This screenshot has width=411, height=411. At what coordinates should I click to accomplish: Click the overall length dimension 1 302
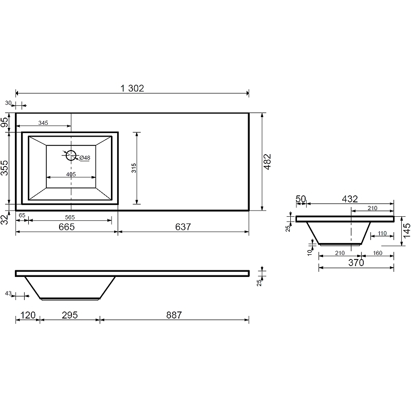pyautogui.click(x=133, y=88)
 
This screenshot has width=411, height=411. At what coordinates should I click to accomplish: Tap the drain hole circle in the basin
pyautogui.click(x=71, y=156)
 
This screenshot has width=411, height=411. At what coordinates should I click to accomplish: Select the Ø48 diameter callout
pyautogui.click(x=85, y=158)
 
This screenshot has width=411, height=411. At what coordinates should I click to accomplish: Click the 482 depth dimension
pyautogui.click(x=267, y=162)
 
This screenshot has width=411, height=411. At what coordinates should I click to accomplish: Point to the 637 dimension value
pyautogui.click(x=183, y=227)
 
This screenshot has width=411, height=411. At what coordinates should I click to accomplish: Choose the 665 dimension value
pyautogui.click(x=67, y=227)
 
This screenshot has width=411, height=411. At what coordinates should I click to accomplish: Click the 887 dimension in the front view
pyautogui.click(x=174, y=315)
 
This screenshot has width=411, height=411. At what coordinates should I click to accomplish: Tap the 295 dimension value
pyautogui.click(x=70, y=315)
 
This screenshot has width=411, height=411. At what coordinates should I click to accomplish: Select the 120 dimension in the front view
pyautogui.click(x=28, y=315)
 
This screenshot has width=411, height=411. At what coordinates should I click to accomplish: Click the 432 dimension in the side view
pyautogui.click(x=350, y=199)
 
